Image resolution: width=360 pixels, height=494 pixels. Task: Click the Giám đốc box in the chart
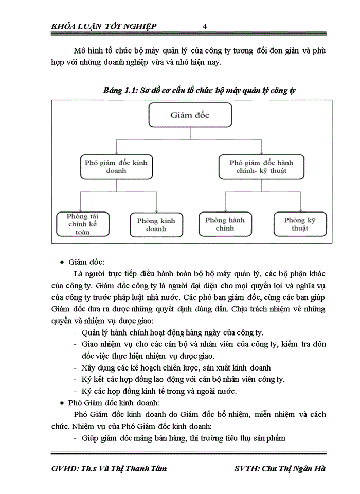tap(190, 115)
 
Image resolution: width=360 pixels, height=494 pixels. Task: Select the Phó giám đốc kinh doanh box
tap(116, 166)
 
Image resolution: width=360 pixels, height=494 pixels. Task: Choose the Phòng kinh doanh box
tap(156, 224)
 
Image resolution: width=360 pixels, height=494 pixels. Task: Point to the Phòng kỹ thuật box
tap(300, 224)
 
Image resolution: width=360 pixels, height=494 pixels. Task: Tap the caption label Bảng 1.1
tap(118, 91)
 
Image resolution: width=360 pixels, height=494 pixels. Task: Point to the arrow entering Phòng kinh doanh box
tap(156, 208)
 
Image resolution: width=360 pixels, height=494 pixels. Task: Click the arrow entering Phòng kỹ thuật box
tap(300, 208)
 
